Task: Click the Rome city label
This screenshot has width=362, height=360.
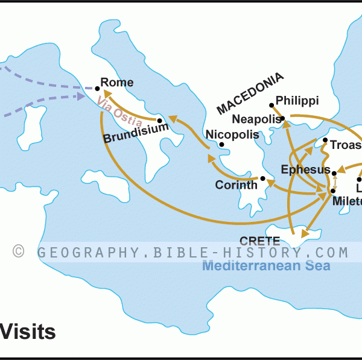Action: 117,83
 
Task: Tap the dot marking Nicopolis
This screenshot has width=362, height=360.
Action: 222,145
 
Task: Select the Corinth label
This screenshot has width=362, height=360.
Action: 236,185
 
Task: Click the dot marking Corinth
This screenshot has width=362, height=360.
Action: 262,178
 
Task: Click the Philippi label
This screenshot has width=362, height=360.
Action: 297,101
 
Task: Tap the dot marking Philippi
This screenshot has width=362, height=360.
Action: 271,104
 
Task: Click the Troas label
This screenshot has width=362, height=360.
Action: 345,145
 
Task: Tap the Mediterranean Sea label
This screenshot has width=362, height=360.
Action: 266,265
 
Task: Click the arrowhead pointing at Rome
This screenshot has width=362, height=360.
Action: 106,93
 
